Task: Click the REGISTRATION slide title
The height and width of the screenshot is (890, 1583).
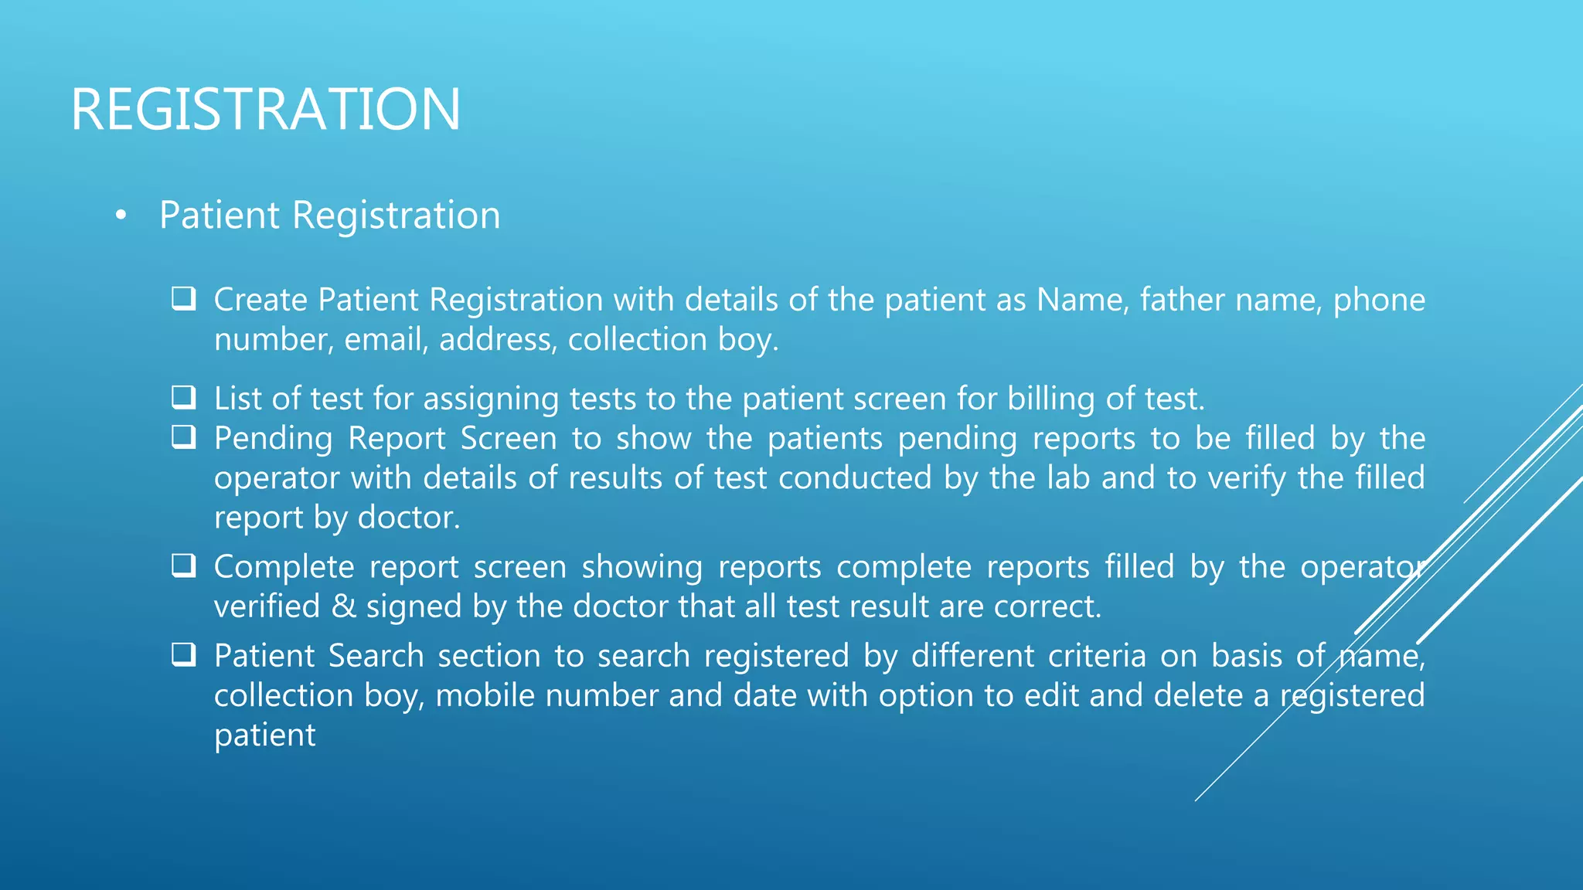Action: point(266,110)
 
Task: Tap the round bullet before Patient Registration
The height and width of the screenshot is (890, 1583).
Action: point(120,216)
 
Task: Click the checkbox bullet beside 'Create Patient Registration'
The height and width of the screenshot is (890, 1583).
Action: point(183,298)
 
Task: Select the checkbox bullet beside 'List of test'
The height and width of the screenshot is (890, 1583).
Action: point(183,397)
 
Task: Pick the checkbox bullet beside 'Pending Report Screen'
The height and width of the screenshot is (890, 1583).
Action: point(183,437)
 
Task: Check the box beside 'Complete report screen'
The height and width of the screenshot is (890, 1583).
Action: point(183,566)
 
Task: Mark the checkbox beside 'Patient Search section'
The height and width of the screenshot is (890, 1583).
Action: point(183,654)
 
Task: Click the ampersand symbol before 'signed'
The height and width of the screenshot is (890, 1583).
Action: point(343,606)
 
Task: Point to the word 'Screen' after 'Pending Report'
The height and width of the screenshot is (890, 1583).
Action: point(509,439)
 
